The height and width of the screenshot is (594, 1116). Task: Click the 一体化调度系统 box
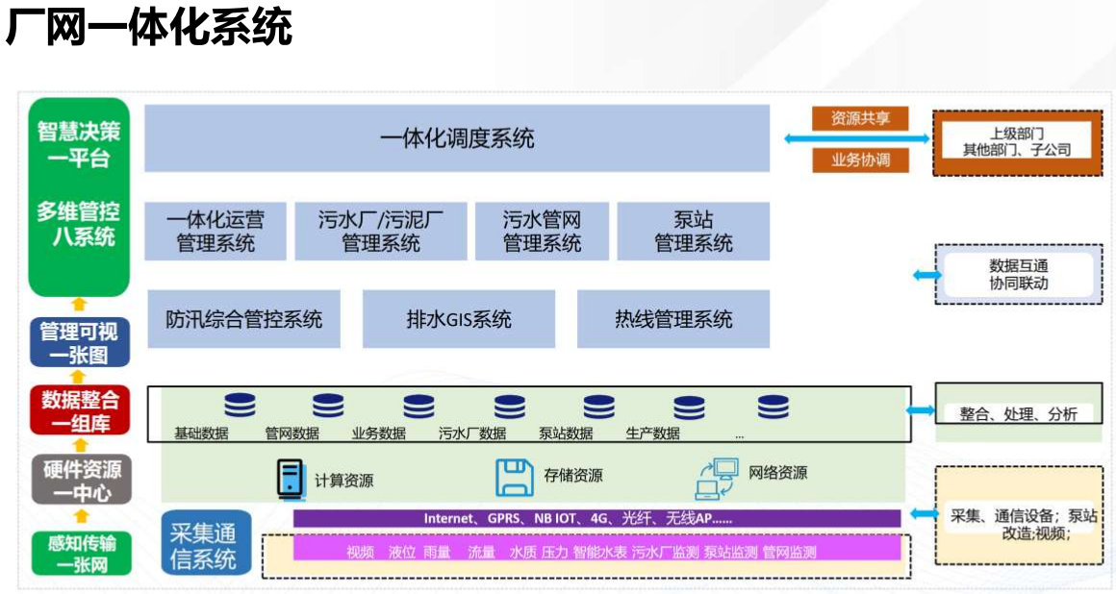point(457,138)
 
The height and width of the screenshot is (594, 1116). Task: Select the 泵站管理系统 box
point(693,231)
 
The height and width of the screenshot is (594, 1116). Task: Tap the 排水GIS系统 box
point(459,319)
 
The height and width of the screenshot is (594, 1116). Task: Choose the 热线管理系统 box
point(673,319)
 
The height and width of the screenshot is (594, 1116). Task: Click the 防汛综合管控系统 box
point(243,319)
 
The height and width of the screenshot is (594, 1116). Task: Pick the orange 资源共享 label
point(861,118)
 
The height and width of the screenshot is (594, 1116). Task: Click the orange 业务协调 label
point(861,161)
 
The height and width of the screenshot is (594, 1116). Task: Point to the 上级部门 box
point(1017,142)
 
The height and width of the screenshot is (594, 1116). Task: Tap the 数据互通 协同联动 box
point(1018,274)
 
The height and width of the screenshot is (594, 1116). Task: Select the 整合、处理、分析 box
point(1018,413)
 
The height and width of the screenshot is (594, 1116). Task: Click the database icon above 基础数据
point(240,407)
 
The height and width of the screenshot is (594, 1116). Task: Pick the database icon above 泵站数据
point(598,407)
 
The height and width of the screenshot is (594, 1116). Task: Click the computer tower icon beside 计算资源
point(290,478)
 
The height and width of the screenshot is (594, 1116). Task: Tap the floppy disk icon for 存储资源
point(514,477)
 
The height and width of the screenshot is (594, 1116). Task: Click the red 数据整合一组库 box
point(80,411)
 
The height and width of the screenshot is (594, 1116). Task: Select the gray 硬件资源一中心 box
point(80,481)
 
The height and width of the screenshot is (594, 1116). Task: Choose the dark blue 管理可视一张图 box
point(80,343)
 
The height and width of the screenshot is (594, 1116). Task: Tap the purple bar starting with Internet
point(596,519)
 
